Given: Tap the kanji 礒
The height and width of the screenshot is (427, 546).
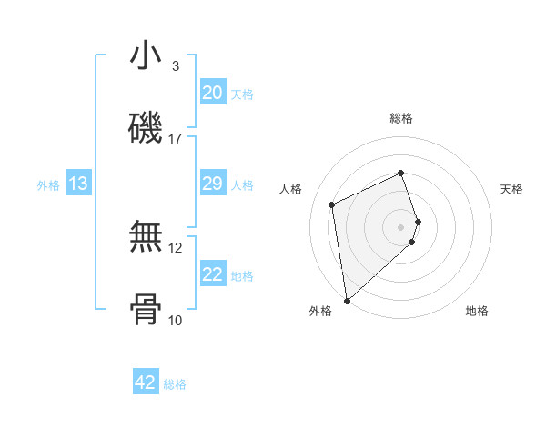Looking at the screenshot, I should (x=146, y=129).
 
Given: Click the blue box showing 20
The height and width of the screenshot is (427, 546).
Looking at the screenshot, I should (x=213, y=93).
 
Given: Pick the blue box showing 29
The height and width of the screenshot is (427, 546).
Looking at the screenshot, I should (x=213, y=184).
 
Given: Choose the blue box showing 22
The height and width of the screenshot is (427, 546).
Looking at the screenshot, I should (x=213, y=274).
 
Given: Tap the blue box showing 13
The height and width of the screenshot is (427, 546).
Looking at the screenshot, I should (x=78, y=184).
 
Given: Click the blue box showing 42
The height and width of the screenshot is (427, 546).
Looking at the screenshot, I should (x=146, y=382).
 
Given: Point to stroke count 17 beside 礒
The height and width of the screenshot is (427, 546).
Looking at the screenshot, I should (x=176, y=139).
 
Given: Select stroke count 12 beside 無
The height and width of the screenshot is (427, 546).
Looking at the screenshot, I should (x=176, y=247).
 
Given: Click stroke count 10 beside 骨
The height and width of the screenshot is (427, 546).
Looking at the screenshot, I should (x=176, y=320).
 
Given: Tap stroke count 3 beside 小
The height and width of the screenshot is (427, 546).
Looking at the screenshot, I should (x=176, y=66).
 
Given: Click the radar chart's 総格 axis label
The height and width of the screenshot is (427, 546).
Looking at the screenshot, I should (x=401, y=118).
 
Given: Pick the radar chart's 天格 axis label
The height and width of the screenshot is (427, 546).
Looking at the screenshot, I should (x=511, y=189).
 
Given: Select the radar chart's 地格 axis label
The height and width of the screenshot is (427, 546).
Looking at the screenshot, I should (x=477, y=311).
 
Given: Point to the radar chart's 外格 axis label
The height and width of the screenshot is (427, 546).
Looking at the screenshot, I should (x=320, y=311).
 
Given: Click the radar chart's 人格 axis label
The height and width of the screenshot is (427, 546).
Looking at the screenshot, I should (x=291, y=189).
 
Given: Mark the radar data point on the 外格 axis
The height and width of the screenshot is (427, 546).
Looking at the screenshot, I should (x=347, y=301).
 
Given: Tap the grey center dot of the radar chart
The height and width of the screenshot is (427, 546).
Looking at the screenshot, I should (x=401, y=226).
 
